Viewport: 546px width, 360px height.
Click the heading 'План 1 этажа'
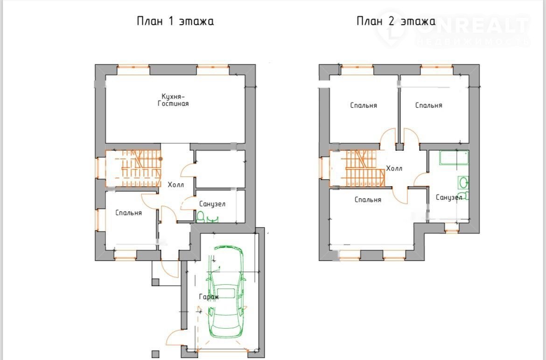[175, 21]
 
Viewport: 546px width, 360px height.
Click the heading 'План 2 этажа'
[396, 21]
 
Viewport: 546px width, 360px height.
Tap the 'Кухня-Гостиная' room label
[173, 99]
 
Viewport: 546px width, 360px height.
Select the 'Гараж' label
[209, 297]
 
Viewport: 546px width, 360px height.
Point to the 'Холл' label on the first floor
[176, 185]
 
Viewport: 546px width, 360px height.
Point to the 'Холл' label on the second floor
[394, 168]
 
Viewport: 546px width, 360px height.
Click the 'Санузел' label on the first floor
[212, 204]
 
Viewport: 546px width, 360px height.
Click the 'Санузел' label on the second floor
[449, 198]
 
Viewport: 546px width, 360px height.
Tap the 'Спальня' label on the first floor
[128, 212]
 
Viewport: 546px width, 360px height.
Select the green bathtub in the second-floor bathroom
[454, 158]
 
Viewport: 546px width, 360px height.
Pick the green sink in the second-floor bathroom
[463, 182]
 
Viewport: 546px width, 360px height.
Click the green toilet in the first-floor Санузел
[201, 217]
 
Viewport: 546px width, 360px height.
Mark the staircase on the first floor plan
[133, 168]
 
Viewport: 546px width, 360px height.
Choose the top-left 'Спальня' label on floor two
[364, 105]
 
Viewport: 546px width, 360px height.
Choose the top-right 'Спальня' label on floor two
[429, 105]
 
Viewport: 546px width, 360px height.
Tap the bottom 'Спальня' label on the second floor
[368, 200]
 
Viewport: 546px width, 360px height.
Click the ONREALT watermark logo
[454, 29]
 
